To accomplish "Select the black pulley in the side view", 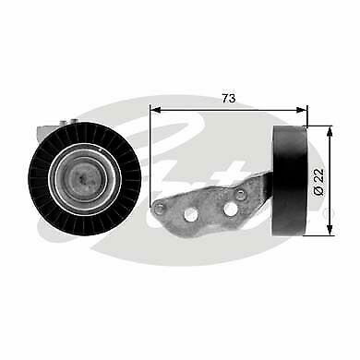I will pyautogui.click(x=292, y=180).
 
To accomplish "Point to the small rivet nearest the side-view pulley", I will pyautogui.click(x=241, y=195).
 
